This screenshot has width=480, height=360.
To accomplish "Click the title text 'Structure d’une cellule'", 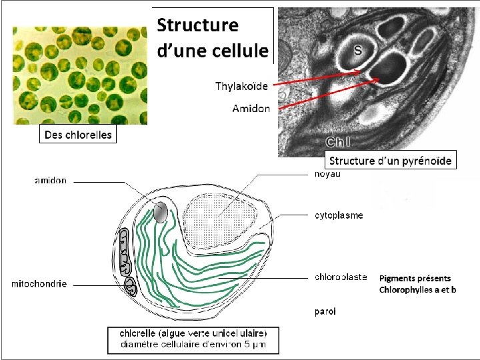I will coord(212,37).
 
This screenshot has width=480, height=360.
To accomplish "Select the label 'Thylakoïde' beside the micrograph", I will coord(241,86).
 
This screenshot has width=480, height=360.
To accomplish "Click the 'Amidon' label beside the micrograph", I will coord(251,108).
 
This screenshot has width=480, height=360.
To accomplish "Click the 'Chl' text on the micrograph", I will coord(339,141).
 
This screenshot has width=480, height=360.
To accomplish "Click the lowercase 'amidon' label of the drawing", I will coord(51,181).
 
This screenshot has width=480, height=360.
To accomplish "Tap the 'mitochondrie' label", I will coord(39,284).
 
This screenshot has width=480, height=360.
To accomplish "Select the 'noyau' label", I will coord(327,174).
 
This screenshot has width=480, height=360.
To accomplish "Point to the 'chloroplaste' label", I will coord(340,277).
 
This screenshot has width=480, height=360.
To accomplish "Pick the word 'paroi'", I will coord(325,311).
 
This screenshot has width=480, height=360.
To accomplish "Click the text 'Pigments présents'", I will coord(415,279).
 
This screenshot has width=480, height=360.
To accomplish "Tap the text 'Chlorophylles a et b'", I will coord(417,289).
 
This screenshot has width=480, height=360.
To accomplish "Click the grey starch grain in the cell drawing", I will coord(160,212).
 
